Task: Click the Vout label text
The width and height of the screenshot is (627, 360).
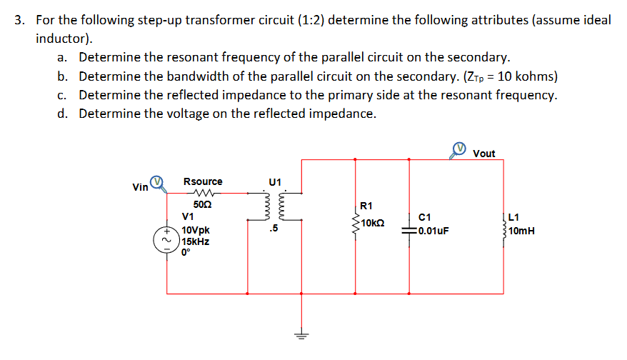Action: click(483, 154)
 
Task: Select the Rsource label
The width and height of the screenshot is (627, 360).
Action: click(203, 182)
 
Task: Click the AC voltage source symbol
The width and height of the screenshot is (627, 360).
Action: click(167, 241)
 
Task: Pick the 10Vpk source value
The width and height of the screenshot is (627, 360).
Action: click(195, 231)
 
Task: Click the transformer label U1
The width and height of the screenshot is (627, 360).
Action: click(276, 182)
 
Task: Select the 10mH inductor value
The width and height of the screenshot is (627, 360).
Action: click(523, 231)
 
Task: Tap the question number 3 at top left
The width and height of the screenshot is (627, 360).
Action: click(20, 20)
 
